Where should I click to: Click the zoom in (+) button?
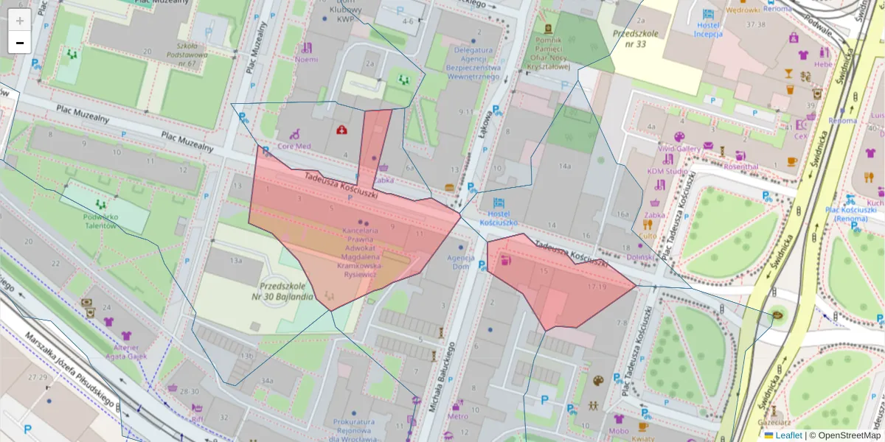(20, 21)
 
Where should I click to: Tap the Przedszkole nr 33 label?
(639, 38)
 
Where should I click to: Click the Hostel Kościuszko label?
(498, 217)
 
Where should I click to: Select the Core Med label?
(294, 146)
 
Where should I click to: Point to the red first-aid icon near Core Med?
(341, 130)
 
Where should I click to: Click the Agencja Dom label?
(459, 262)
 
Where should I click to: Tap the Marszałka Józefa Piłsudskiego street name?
(70, 368)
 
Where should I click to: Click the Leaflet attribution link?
(787, 435)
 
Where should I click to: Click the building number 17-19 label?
(597, 286)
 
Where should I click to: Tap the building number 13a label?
(236, 261)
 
